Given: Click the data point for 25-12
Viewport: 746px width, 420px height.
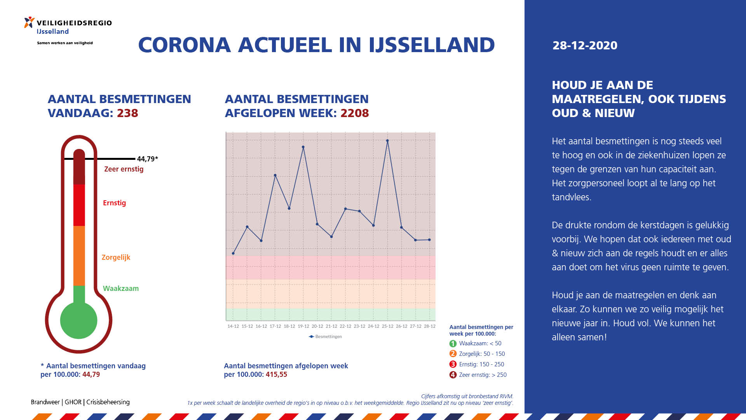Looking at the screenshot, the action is (387, 141).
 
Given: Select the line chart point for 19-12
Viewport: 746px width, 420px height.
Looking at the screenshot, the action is (303, 147).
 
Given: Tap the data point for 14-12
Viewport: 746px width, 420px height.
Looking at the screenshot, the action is (233, 254).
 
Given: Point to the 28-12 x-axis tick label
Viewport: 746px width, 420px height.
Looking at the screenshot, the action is (429, 326).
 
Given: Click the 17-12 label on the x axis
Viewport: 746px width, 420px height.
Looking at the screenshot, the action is (275, 326).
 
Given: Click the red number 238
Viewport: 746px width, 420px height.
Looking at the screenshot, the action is (127, 113).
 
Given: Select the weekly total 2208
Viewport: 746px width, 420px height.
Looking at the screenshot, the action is (355, 113).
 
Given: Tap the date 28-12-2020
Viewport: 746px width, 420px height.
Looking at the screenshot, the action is (585, 45).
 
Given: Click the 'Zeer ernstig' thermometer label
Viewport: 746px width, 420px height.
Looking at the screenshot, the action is (124, 169).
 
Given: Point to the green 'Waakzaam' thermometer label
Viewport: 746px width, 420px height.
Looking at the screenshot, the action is (121, 289).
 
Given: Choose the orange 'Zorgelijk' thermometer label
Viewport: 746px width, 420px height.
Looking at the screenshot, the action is (116, 257).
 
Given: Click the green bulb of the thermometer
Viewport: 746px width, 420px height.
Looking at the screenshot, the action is (79, 320).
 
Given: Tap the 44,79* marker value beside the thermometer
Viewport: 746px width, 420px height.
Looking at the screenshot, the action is (147, 159).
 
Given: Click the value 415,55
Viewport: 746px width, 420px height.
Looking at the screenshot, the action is (276, 374).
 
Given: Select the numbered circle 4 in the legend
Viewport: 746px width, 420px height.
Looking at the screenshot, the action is (453, 375).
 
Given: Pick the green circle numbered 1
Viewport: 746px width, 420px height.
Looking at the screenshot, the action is (453, 343).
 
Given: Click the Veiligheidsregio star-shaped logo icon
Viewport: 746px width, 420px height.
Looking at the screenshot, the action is (29, 23).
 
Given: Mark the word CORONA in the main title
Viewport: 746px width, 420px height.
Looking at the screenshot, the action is (185, 45).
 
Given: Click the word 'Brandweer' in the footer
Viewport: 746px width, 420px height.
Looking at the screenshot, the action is (45, 402).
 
